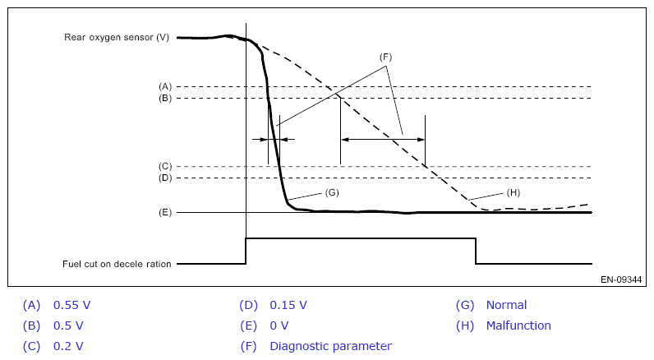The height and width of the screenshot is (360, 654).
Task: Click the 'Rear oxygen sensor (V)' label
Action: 117,38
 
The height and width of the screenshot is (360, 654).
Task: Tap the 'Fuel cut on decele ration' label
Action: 117,264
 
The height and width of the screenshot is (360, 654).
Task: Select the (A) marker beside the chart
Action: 164,86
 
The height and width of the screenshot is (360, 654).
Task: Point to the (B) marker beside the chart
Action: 164,99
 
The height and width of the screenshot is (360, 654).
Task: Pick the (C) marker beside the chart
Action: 164,166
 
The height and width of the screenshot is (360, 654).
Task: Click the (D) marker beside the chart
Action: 164,178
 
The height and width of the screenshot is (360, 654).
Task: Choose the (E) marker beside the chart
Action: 164,212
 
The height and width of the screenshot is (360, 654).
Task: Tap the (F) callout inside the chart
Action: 386,58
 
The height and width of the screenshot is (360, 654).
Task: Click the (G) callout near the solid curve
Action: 332,192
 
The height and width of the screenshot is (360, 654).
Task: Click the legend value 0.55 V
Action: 71,305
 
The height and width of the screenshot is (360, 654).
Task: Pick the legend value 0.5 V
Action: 68,325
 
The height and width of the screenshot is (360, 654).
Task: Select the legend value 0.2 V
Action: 68,346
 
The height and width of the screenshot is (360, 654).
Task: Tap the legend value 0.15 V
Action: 288,305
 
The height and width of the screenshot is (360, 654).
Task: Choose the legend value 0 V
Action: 279,325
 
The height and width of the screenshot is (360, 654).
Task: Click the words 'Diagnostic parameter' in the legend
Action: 330,346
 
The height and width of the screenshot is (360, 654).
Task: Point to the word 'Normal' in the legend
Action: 506,305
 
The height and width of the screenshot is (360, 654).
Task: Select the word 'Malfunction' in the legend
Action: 518,325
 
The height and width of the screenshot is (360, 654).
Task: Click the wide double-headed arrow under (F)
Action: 383,140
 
